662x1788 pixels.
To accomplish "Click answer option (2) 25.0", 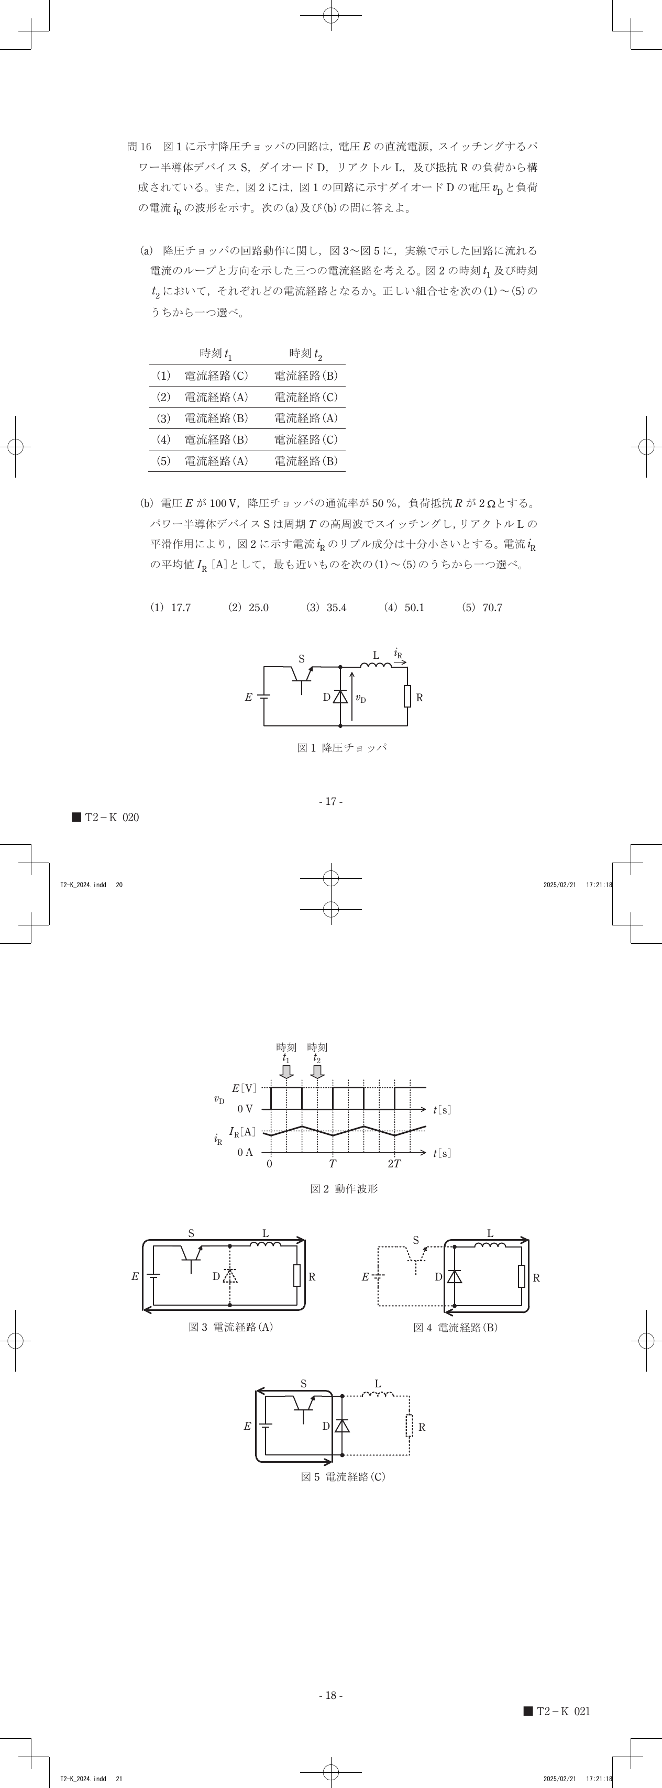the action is click(x=248, y=608).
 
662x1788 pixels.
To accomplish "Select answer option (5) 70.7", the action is click(x=482, y=608).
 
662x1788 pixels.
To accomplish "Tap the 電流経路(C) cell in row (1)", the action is click(x=216, y=376).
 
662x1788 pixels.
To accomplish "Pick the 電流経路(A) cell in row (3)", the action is click(x=306, y=418).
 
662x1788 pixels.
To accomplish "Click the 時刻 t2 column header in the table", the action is click(x=306, y=354).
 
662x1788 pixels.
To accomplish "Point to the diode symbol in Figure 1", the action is click(x=340, y=696).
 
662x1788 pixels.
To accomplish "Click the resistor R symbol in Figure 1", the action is click(x=407, y=696).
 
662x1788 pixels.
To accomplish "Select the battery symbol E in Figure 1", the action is click(x=263, y=696).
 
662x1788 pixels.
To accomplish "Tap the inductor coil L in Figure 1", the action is click(x=376, y=666).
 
